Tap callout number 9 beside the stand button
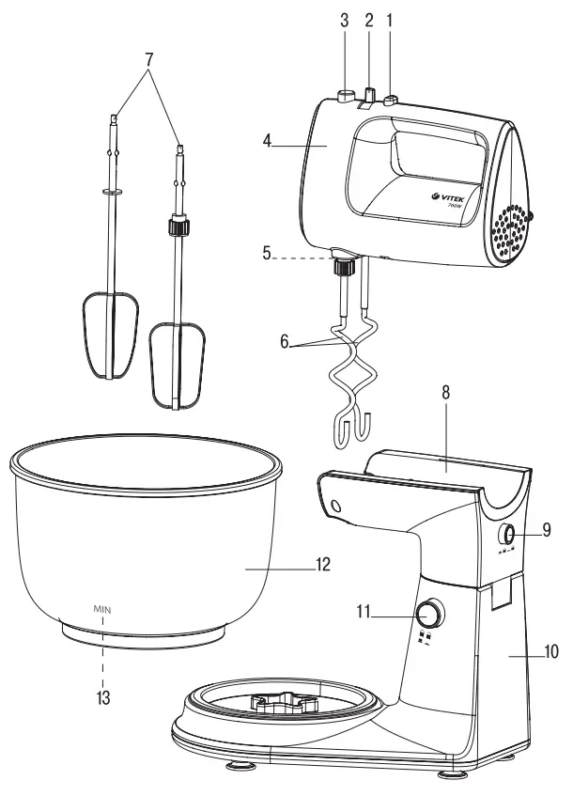click(544, 532)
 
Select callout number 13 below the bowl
click(102, 698)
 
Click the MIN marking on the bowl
click(102, 609)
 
